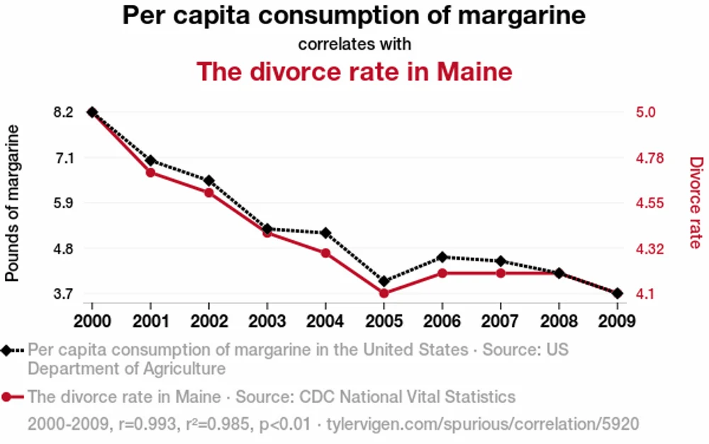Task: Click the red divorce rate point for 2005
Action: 384,293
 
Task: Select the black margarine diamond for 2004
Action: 325,233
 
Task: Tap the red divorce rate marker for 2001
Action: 150,172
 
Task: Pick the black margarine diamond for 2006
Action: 442,257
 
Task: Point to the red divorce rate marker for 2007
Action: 501,273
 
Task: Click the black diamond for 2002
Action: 209,181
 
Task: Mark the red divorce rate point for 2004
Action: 325,253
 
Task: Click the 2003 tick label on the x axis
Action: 267,321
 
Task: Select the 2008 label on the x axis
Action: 559,321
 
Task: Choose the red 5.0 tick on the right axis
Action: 646,112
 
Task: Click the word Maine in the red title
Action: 474,72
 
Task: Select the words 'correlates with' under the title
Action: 354,44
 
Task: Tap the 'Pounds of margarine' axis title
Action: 12,203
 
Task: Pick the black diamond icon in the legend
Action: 6,351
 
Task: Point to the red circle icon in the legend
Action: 6,397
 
